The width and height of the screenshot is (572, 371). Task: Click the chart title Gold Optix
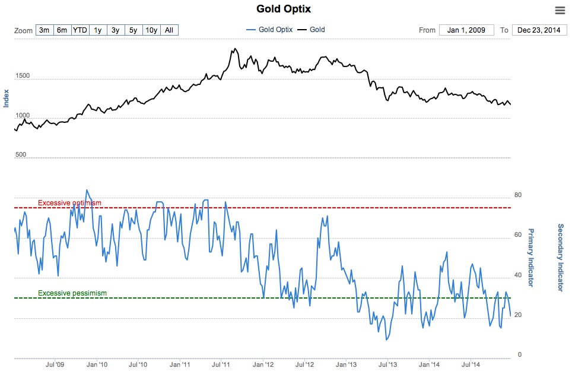click(284, 9)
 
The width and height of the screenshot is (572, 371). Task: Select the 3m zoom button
click(44, 30)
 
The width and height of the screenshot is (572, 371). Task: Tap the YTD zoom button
click(80, 30)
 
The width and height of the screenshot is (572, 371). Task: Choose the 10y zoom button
click(151, 30)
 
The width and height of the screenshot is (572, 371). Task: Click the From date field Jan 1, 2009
click(466, 30)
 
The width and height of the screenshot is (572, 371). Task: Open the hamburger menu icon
click(560, 10)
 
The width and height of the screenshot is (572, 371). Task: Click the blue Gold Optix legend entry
click(269, 30)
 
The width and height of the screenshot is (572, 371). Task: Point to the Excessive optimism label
click(69, 203)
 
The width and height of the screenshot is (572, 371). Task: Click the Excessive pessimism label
click(72, 293)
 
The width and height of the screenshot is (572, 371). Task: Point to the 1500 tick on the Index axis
click(23, 77)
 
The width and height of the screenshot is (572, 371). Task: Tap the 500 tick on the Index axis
click(21, 155)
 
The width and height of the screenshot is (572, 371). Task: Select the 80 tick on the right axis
click(517, 195)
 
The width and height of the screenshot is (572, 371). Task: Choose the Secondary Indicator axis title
click(560, 257)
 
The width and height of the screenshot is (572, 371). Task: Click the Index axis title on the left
click(7, 98)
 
